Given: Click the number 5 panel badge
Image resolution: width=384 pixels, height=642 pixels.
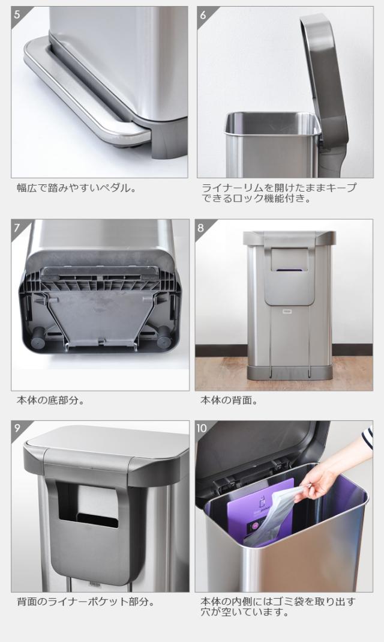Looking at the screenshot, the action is (17, 15).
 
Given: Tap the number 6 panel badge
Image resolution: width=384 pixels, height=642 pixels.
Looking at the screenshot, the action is (203, 15).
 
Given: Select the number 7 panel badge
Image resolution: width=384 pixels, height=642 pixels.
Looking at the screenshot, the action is (17, 227).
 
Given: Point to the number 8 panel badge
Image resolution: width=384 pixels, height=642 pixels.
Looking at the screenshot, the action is (201, 227).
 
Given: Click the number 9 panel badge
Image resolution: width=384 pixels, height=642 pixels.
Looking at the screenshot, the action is (17, 428).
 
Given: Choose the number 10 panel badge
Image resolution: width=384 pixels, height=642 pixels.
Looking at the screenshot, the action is (202, 428).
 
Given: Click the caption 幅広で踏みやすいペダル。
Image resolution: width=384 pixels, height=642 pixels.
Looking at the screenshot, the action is (76, 189).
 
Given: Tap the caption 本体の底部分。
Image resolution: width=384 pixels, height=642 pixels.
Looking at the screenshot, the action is (51, 400).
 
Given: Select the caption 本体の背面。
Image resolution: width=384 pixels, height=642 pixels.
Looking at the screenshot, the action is (229, 400).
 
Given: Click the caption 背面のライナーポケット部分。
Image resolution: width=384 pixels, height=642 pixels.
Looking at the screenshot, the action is (86, 602).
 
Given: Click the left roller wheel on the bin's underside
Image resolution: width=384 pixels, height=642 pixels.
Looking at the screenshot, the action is (38, 336).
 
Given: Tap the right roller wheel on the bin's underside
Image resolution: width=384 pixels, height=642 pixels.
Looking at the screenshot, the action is (164, 336).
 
